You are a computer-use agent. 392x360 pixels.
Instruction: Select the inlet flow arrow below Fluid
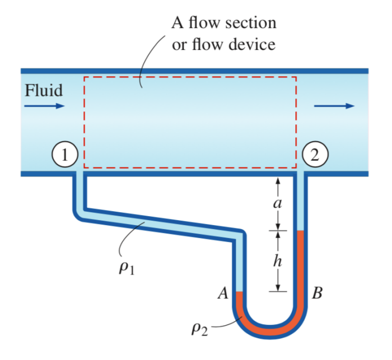click(x=45, y=106)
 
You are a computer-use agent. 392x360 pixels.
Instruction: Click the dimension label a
click(x=277, y=203)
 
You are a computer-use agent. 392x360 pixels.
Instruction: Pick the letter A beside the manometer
click(x=223, y=293)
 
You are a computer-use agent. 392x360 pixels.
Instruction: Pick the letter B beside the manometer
click(x=317, y=293)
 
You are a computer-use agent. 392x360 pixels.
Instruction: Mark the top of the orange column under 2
click(x=300, y=231)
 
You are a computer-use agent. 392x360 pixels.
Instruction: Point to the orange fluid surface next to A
click(x=239, y=292)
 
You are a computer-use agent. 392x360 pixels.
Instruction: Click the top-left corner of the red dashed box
click(x=84, y=77)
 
